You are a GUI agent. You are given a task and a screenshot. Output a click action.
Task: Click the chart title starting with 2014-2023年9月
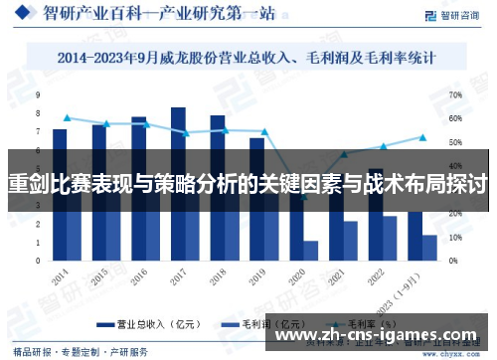[x=248, y=59]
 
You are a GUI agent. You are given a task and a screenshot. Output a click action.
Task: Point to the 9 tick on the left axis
[x=38, y=94]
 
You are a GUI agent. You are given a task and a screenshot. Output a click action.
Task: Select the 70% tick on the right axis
[x=456, y=94]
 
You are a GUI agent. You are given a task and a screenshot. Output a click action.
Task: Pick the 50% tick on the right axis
[x=456, y=142]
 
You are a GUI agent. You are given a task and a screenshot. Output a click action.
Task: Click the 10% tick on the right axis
[x=456, y=238]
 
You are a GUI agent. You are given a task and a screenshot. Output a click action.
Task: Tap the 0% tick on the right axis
[x=454, y=261]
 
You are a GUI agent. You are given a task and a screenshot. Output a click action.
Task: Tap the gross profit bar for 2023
[x=429, y=248]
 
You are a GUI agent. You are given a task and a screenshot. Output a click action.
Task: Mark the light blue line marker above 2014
[x=67, y=117]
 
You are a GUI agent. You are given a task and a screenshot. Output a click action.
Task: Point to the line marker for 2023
[x=421, y=137]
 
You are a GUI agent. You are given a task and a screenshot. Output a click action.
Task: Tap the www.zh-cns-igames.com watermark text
[x=388, y=334]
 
